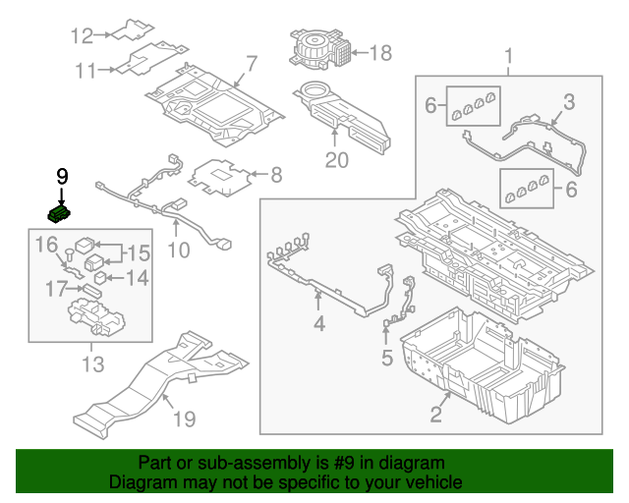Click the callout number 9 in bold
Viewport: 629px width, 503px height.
[x=62, y=177]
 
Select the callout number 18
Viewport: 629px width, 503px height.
[x=380, y=52]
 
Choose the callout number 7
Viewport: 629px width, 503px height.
[x=251, y=65]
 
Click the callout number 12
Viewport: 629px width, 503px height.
[x=81, y=36]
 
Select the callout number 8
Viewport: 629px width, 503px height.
[x=276, y=176]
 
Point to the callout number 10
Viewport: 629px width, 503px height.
[x=178, y=251]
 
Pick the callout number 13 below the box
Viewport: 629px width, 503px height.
[x=91, y=366]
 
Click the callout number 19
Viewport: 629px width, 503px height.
[x=184, y=419]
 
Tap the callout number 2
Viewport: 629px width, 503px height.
[x=435, y=414]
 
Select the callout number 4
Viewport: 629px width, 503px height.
[x=318, y=324]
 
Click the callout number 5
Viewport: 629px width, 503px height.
[x=385, y=359]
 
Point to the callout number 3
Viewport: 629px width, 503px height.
[x=568, y=102]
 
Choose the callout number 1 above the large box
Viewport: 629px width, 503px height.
[x=509, y=54]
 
